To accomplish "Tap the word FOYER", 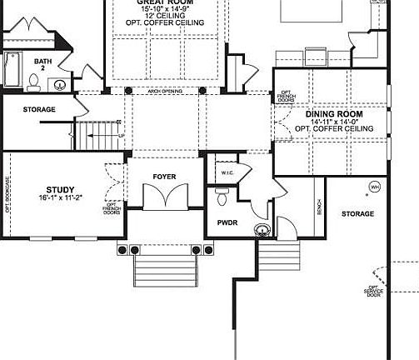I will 164,177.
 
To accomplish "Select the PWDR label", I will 227,223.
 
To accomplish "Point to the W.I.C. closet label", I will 228,172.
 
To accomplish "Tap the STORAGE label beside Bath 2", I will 39,109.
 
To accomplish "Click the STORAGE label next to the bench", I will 357,214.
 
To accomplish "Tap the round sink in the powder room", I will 262,227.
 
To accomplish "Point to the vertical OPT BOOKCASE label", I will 7,195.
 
